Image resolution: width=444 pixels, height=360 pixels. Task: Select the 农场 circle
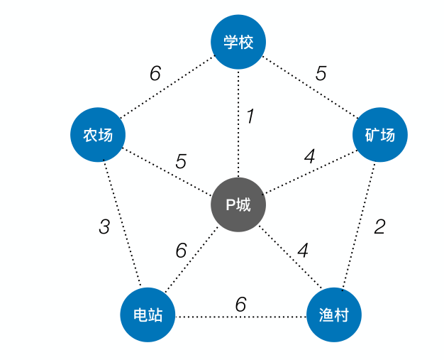tap(98, 134)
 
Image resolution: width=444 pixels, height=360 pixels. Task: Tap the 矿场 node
tap(380, 134)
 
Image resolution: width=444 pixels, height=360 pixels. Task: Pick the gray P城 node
tap(238, 204)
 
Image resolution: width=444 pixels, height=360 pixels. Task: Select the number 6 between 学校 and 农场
tap(155, 74)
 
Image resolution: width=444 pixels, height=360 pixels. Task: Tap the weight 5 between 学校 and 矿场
tap(321, 74)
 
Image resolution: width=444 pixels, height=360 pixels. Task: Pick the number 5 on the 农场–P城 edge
tap(181, 161)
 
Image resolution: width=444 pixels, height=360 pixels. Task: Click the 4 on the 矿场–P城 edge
tap(309, 157)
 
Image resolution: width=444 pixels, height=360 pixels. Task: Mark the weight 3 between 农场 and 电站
tap(104, 227)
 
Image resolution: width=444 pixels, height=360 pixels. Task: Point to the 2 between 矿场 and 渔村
tap(379, 227)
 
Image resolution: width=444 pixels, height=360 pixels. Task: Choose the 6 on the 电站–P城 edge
tap(181, 251)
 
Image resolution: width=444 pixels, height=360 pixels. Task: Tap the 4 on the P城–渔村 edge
tap(303, 251)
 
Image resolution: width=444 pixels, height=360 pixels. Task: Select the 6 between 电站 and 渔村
tap(240, 305)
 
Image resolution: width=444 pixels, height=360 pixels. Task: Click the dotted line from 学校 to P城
tap(238, 142)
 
